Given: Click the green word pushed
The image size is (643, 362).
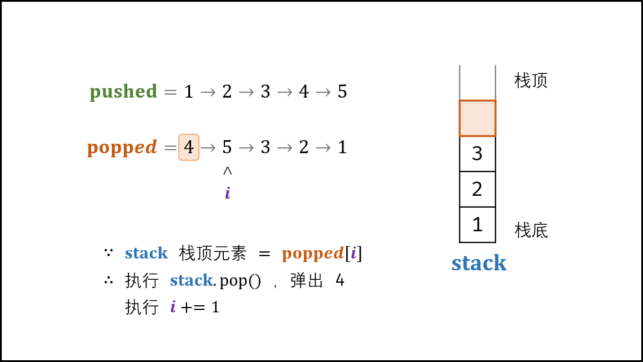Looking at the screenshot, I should (123, 92).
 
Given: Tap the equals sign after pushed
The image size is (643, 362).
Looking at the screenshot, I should (171, 92).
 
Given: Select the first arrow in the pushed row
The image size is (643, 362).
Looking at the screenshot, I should (208, 92).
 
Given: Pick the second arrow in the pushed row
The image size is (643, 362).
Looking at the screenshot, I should (246, 92).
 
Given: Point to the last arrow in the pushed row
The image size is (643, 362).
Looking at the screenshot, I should (323, 92).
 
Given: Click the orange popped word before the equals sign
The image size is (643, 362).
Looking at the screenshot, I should (122, 147).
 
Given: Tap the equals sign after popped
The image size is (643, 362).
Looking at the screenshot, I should (171, 148).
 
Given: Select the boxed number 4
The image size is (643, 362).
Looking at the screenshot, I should (189, 147).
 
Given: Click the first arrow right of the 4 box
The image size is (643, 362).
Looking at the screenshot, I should (208, 148).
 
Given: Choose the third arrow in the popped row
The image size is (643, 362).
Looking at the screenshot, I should (285, 148).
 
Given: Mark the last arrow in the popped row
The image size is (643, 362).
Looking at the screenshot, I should (323, 148).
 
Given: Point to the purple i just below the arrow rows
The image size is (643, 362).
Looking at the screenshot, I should (228, 193).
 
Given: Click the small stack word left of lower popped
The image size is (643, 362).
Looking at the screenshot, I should (146, 254).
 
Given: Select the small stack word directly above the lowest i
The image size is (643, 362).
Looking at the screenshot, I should (191, 280).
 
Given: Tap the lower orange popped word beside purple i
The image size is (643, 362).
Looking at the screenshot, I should (313, 254).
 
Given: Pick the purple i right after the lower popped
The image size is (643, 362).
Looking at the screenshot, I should (353, 253).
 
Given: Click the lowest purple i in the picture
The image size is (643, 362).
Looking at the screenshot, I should (173, 306).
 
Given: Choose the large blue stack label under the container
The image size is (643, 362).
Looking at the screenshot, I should (479, 263).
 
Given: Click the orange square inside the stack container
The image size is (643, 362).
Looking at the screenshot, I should (477, 118).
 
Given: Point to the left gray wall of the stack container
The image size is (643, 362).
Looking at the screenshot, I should (459, 82).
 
